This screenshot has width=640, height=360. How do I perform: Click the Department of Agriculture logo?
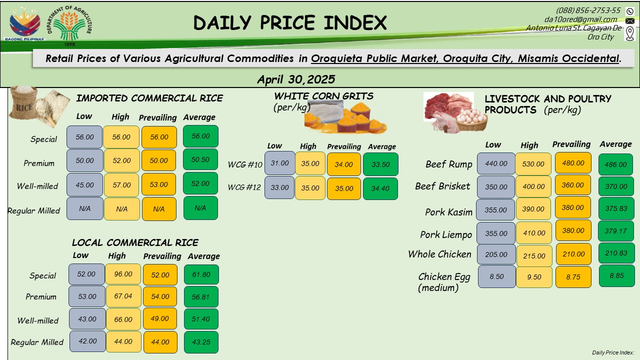click(x=69, y=25)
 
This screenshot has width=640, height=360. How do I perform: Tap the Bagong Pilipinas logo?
click(x=24, y=25)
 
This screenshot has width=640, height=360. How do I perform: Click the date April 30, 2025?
click(x=296, y=79)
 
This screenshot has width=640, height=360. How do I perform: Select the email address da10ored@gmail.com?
click(x=581, y=19)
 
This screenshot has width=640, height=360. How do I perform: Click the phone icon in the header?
click(x=630, y=11)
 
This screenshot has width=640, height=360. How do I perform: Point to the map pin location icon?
click(x=630, y=33)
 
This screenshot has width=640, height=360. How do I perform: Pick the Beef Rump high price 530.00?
click(x=533, y=164)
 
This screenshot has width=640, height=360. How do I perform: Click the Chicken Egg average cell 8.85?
click(x=616, y=275)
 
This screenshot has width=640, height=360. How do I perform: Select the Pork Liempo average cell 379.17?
click(x=615, y=231)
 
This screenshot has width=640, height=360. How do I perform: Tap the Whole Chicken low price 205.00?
click(x=496, y=254)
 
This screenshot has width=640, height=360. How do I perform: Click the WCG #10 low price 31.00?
click(x=279, y=163)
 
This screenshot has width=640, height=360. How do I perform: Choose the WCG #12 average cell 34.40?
click(x=380, y=188)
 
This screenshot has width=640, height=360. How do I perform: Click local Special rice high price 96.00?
click(x=123, y=274)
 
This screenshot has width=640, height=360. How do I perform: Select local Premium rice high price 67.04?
click(x=123, y=296)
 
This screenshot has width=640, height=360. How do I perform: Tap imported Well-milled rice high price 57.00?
click(x=121, y=185)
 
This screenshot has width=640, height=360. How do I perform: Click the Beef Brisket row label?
click(x=442, y=186)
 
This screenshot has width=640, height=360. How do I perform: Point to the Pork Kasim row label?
click(x=448, y=212)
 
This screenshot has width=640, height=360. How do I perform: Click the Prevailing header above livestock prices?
click(x=571, y=144)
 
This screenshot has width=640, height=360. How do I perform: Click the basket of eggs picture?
click(x=471, y=120)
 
